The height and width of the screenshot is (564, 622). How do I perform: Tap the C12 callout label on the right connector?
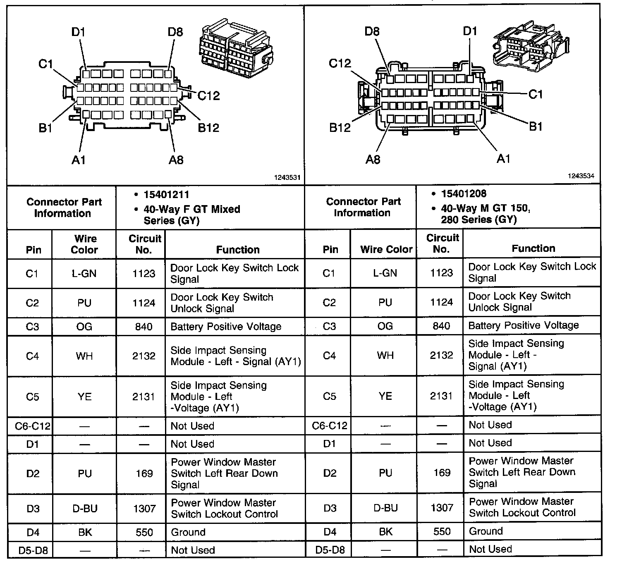pyautogui.click(x=340, y=63)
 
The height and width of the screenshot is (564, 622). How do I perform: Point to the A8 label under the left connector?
pyautogui.click(x=176, y=160)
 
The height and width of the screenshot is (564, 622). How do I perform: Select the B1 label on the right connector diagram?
pyautogui.click(x=536, y=127)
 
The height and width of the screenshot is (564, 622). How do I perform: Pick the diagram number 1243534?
pyautogui.click(x=581, y=176)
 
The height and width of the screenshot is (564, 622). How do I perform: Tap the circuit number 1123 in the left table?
pyautogui.click(x=144, y=273)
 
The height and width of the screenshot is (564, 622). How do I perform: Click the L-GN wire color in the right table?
pyautogui.click(x=385, y=272)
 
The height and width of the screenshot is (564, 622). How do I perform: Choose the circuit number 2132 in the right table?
pyautogui.click(x=441, y=355)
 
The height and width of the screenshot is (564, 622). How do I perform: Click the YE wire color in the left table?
pyautogui.click(x=84, y=397)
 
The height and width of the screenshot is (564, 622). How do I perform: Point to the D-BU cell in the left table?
pyautogui.click(x=85, y=508)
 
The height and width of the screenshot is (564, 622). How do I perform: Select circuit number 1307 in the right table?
pyautogui.click(x=442, y=507)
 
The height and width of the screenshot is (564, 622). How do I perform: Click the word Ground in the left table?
pyautogui.click(x=188, y=532)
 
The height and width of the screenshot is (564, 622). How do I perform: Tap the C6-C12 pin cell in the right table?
pyautogui.click(x=330, y=425)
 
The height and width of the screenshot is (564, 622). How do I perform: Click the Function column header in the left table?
pyautogui.click(x=238, y=249)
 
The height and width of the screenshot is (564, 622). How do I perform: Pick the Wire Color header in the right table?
pyautogui.click(x=386, y=249)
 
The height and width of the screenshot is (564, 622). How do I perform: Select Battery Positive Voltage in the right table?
pyautogui.click(x=523, y=325)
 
